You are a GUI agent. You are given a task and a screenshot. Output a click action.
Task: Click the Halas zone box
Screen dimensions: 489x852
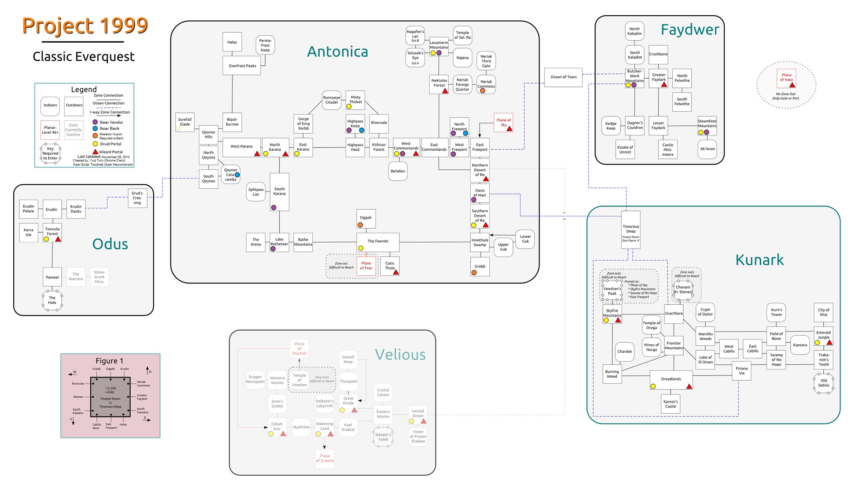(232, 42)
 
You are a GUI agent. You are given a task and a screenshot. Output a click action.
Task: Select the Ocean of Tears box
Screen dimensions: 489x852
(563, 77)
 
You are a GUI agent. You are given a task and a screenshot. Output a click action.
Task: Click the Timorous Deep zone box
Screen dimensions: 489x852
(630, 229)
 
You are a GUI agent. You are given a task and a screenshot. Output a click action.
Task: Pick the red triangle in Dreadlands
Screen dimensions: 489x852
(689, 386)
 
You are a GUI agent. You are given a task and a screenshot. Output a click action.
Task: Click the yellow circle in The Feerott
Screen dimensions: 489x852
(361, 248)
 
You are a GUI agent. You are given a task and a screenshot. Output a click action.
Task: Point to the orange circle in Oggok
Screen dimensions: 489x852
(360, 225)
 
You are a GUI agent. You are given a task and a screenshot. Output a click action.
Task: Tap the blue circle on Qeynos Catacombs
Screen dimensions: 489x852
(237, 175)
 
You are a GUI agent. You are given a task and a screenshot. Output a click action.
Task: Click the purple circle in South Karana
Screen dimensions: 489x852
(274, 208)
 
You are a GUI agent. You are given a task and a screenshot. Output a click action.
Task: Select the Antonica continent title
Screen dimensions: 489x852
(337, 52)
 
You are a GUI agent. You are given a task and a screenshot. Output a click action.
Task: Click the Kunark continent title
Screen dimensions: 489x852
(759, 260)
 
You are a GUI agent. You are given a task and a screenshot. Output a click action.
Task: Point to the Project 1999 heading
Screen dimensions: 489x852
(85, 26)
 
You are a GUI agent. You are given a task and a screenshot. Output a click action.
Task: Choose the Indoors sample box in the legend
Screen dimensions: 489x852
(50, 106)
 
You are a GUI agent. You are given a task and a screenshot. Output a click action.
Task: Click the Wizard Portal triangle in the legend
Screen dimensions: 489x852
(95, 152)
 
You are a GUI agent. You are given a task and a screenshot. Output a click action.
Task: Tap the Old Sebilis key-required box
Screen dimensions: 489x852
(823, 383)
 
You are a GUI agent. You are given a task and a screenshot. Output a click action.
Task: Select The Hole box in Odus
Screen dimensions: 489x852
(52, 300)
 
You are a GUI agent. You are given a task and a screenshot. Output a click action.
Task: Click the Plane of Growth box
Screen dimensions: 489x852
(325, 458)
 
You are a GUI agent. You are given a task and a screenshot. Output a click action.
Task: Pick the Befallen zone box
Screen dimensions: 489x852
(398, 171)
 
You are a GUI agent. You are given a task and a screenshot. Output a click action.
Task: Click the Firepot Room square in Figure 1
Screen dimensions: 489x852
(110, 397)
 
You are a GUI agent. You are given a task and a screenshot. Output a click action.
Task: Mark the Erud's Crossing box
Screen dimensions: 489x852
(137, 198)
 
